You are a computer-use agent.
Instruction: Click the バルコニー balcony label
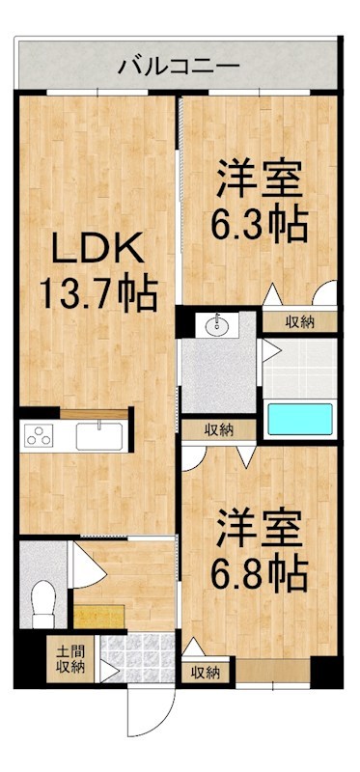coord(179,67)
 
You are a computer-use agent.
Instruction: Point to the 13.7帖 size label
coord(97,292)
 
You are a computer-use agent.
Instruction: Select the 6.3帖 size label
coord(260,223)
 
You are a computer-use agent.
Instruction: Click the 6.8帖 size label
coord(260,572)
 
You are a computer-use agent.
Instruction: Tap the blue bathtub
coord(299,420)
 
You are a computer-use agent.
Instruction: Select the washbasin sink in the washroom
coord(216,325)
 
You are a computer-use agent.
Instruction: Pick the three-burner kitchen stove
coord(42,435)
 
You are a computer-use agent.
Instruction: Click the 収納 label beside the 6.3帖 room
coord(298,322)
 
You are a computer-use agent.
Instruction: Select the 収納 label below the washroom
coord(218,429)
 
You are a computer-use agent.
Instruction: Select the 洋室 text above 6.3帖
coord(260,179)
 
